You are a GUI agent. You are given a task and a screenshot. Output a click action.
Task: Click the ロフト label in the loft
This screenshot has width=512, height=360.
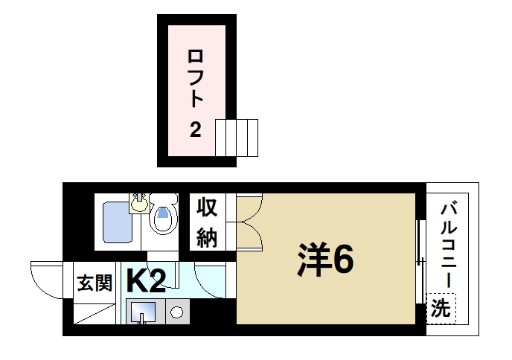(x=196, y=78)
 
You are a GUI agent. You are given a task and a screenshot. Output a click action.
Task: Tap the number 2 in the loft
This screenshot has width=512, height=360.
(x=195, y=131)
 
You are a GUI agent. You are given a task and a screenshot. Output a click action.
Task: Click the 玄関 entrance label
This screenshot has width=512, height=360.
(x=94, y=283)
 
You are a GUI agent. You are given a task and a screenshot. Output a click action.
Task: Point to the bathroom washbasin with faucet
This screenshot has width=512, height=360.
(x=139, y=202)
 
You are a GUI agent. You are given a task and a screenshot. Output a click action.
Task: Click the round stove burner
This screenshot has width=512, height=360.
(x=177, y=313)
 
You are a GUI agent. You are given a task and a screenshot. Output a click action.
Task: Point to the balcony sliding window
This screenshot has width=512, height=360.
(x=420, y=260)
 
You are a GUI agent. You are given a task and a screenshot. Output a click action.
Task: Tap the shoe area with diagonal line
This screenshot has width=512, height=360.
(x=93, y=315)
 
